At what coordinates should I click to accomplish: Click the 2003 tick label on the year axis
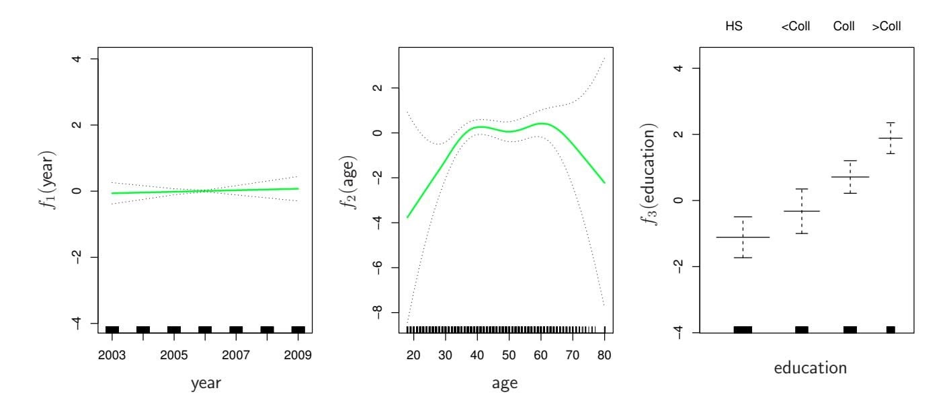coord(112,355)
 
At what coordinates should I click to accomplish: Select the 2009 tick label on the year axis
coord(298,355)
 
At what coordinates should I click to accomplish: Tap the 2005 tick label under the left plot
coord(174,355)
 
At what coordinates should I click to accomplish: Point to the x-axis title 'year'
coord(205,384)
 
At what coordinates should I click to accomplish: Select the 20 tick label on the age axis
coord(414,355)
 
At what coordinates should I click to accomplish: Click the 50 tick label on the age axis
coord(509,355)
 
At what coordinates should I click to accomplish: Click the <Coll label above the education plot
coord(796,27)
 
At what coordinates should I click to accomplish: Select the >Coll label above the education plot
coord(886,27)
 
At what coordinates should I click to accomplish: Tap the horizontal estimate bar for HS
coord(743,237)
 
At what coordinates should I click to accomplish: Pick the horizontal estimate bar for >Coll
coord(891,138)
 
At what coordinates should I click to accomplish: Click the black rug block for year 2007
coord(236,329)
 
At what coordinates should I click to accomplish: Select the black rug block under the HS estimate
coord(743,329)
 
